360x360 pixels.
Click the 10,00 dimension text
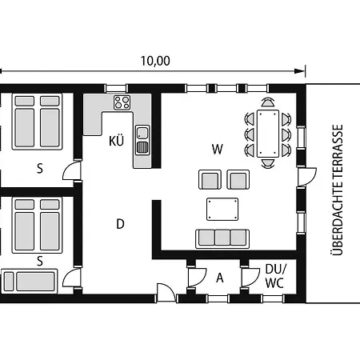[x=155, y=61]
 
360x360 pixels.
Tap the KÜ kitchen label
[x=116, y=140]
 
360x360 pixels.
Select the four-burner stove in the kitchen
[x=122, y=102]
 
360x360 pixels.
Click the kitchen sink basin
[x=142, y=133]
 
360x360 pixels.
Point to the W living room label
[x=218, y=149]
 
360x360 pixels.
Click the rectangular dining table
[x=268, y=134]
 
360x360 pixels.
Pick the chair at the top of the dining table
[x=268, y=102]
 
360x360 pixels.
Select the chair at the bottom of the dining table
[x=268, y=164]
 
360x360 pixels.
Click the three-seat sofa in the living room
[x=222, y=238]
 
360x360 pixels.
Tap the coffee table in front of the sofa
[x=222, y=209]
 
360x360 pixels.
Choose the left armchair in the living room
[x=210, y=179]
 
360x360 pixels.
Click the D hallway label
[x=120, y=224]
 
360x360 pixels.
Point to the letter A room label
[x=220, y=278]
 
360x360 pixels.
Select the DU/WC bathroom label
[x=275, y=276]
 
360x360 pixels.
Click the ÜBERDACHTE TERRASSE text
[x=336, y=190]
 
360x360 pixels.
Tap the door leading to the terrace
[x=307, y=177]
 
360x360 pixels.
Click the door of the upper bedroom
[x=71, y=170]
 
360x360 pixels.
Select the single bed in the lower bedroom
[x=30, y=282]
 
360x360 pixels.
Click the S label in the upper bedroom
[x=40, y=169]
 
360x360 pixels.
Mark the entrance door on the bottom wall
[x=166, y=293]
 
